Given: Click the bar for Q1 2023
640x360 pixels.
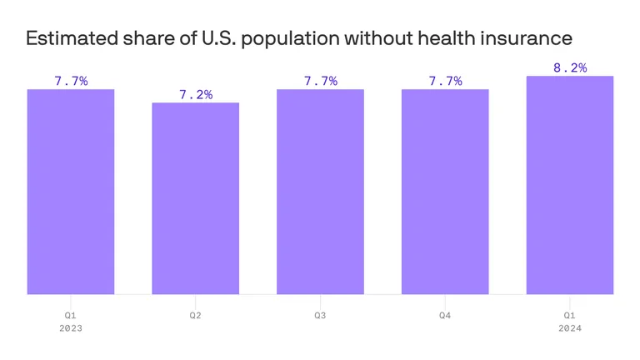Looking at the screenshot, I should [70, 192].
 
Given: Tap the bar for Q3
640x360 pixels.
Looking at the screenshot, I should [320, 192].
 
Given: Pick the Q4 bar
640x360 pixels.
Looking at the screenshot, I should [445, 192].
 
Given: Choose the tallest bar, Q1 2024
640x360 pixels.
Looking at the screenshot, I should [570, 185].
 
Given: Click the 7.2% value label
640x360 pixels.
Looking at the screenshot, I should [196, 95].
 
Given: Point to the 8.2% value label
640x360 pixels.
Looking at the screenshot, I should [570, 68].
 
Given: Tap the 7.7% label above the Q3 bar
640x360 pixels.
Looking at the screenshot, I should [321, 82].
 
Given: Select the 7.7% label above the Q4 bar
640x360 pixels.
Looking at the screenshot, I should [445, 82].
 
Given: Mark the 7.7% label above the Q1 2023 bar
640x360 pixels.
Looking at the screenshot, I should [71, 82].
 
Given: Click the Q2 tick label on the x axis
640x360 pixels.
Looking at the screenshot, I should [195, 316].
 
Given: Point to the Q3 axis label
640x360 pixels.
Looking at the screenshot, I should [320, 316].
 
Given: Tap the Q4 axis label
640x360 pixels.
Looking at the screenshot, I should [445, 316].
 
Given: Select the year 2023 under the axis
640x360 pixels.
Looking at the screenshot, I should [70, 328].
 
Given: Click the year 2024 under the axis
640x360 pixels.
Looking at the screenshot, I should [570, 328].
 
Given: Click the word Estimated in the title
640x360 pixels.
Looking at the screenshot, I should [67, 38].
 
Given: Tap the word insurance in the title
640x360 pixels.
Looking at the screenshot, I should [531, 38].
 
